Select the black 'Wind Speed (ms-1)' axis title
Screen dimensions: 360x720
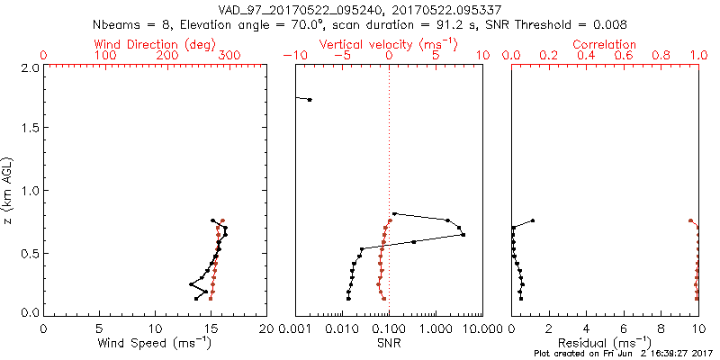(x=155, y=343)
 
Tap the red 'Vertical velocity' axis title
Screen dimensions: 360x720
(x=389, y=44)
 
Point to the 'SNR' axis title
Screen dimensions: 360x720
(x=389, y=343)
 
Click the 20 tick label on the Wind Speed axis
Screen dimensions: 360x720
(x=266, y=327)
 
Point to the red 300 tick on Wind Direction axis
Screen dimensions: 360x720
(x=229, y=56)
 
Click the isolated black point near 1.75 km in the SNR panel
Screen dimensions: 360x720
(x=310, y=99)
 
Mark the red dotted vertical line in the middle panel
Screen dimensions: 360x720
(x=389, y=180)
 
